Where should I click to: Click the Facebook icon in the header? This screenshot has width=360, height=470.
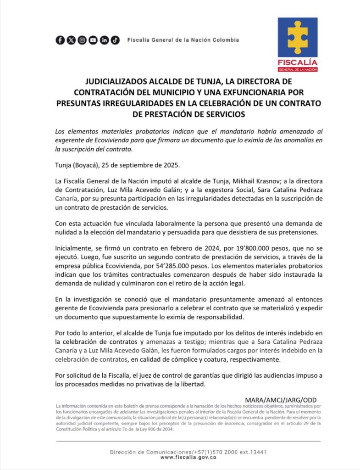tap(60, 40)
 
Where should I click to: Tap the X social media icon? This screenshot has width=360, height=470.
tap(71, 40)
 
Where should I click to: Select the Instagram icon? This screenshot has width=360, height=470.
tap(82, 40)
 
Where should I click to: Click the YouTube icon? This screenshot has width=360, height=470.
tap(93, 40)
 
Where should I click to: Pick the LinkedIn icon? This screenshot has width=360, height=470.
tap(104, 40)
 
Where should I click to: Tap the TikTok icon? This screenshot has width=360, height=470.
tap(115, 40)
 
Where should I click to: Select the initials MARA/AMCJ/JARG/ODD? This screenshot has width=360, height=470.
tap(281, 400)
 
